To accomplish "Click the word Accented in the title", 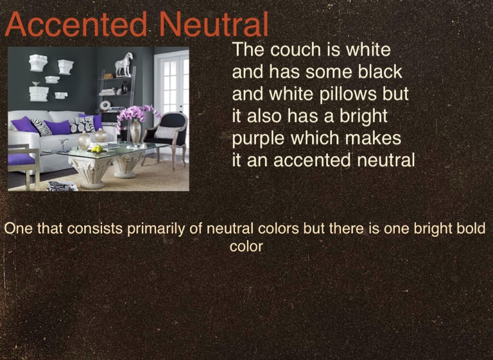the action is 76,24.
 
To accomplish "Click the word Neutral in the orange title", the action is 214,24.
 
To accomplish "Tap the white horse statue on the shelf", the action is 123,64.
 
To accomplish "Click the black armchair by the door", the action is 167,135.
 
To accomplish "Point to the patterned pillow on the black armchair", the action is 166,132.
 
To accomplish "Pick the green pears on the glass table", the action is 97,148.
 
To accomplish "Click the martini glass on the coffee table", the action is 64,145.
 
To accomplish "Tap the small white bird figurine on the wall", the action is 36,83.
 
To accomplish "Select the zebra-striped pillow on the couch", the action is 41,127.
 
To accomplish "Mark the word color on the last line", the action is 246,247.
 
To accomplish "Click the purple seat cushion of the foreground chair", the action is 21,160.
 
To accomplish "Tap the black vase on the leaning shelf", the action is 125,88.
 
